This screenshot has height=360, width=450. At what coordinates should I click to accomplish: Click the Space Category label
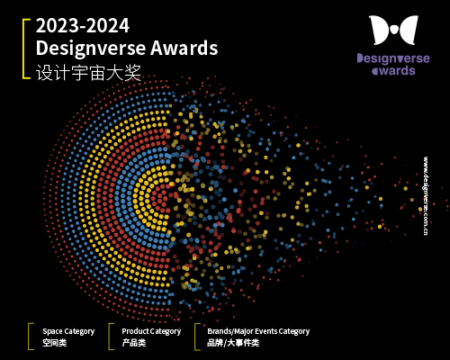point(68,331)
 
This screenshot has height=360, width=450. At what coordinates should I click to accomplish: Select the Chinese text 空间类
point(55,343)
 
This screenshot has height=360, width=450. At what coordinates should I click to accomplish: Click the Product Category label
point(151,331)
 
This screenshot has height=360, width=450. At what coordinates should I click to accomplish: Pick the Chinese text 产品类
point(135,343)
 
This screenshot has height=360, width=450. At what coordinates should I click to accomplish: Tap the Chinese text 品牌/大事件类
point(232,343)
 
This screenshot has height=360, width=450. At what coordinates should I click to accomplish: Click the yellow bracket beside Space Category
point(30,337)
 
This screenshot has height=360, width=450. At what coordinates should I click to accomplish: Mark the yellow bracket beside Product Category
point(110,337)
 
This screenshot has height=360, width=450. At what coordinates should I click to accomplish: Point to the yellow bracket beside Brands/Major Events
point(196,337)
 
